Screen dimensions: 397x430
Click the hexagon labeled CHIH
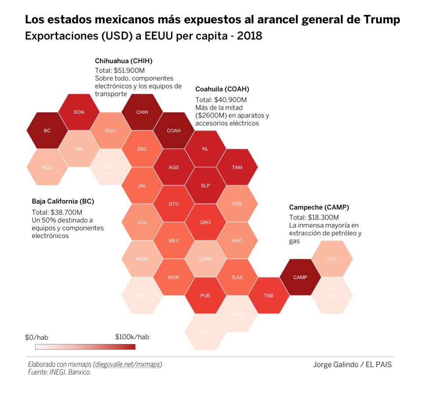pyautogui.click(x=142, y=112)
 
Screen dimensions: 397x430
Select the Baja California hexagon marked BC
pyautogui.click(x=47, y=131)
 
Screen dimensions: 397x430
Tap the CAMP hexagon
pyautogui.click(x=300, y=277)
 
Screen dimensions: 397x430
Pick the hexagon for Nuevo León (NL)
pyautogui.click(x=205, y=149)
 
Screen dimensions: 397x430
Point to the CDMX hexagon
pyautogui.click(x=205, y=259)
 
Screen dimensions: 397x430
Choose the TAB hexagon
pyautogui.click(x=269, y=296)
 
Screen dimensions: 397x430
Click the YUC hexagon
pyautogui.click(x=332, y=259)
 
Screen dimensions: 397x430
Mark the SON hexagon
pyautogui.click(x=79, y=112)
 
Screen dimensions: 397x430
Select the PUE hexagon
pyautogui.click(x=205, y=296)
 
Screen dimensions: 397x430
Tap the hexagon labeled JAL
pyautogui.click(x=142, y=186)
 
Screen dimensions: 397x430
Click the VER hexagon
pyautogui.click(x=237, y=204)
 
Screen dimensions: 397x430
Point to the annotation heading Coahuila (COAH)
pyautogui.click(x=222, y=89)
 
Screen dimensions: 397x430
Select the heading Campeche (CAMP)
pyautogui.click(x=319, y=208)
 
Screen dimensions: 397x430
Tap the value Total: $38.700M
pyautogui.click(x=54, y=212)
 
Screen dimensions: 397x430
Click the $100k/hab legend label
pyautogui.click(x=132, y=337)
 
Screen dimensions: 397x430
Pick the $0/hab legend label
pyautogui.click(x=36, y=337)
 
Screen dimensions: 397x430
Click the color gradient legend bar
pyautogui.click(x=85, y=347)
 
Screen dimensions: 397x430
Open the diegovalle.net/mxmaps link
pyautogui.click(x=128, y=365)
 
